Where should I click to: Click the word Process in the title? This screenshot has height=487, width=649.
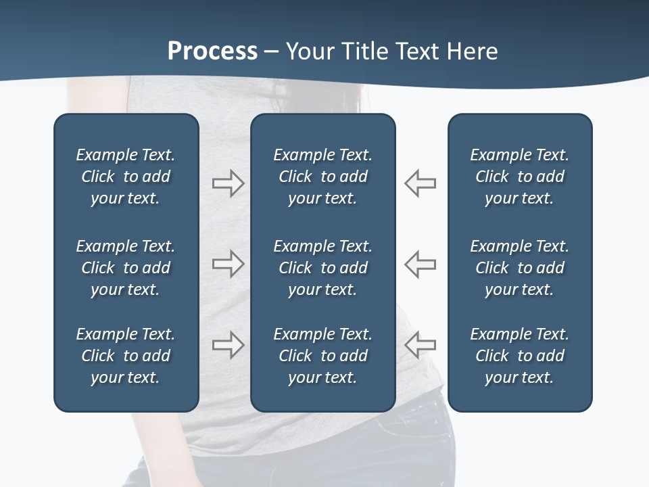coord(212,51)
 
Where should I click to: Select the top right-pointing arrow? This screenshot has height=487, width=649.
coord(228,183)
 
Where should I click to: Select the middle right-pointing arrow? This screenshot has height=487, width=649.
coord(228,264)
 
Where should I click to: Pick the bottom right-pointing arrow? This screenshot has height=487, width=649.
coord(228,345)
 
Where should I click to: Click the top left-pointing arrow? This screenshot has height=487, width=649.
coord(420,183)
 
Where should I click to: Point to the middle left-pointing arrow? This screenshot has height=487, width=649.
coord(420,264)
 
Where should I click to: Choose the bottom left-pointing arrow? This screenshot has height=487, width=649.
coord(420,345)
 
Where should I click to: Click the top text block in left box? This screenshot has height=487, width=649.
coord(126,177)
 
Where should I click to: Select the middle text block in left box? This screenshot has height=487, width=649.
coord(126,268)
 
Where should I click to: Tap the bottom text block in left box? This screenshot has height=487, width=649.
coord(126,356)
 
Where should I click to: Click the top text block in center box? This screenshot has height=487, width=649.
coord(322,177)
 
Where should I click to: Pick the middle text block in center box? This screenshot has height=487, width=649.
coord(322,268)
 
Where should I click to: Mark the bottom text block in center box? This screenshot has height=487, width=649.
coord(322,356)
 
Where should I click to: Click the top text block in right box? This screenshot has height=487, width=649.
coord(519,177)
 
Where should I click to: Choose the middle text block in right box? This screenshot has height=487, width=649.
coord(519,268)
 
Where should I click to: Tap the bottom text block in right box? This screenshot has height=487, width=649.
coord(519,356)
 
